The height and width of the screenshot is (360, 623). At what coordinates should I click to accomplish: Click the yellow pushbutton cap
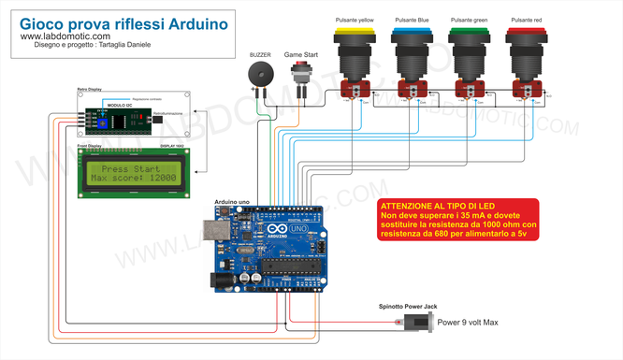pyautogui.click(x=355, y=34)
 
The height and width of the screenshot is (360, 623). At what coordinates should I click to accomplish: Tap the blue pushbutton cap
pyautogui.click(x=412, y=34)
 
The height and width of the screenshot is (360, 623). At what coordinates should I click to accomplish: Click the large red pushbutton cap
pyautogui.click(x=524, y=34)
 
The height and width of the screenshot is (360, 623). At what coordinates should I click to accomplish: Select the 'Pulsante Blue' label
pyautogui.click(x=412, y=19)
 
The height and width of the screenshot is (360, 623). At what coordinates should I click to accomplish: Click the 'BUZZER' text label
pyautogui.click(x=259, y=55)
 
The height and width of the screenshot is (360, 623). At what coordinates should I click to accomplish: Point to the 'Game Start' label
pyautogui.click(x=301, y=55)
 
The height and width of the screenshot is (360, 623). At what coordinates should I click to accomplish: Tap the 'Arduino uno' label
pyautogui.click(x=231, y=202)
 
